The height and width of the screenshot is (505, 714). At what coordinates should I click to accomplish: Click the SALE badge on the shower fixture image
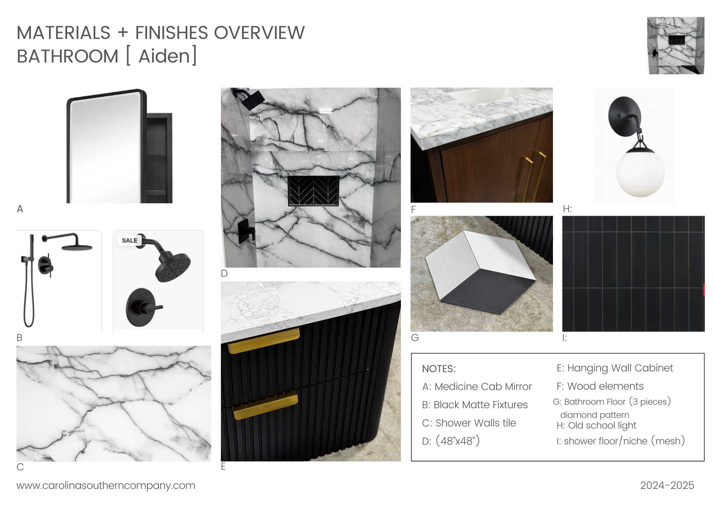click(129, 240)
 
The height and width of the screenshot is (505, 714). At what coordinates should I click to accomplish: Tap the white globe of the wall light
click(640, 172)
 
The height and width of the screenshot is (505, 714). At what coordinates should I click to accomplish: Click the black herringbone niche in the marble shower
click(313, 191)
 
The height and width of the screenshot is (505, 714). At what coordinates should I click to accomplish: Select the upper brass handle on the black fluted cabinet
click(263, 340)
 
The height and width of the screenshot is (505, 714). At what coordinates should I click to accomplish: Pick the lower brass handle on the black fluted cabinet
click(265, 405)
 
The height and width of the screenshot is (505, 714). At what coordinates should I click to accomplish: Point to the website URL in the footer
click(106, 485)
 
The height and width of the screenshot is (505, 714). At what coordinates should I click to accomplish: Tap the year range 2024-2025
click(667, 485)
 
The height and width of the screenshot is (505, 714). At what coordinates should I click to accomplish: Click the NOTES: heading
click(439, 369)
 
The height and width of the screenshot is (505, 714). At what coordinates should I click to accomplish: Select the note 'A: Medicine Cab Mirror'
click(477, 386)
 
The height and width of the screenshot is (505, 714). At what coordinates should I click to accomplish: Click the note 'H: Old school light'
click(597, 425)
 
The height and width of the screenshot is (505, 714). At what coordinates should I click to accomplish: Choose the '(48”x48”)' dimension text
click(458, 441)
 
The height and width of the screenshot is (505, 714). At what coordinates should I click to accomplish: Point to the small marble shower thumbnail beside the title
click(675, 45)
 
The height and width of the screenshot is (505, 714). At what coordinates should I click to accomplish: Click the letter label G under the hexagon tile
click(415, 338)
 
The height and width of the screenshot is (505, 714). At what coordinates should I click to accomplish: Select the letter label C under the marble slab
click(20, 467)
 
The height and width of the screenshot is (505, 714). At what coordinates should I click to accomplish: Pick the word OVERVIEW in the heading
click(260, 33)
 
